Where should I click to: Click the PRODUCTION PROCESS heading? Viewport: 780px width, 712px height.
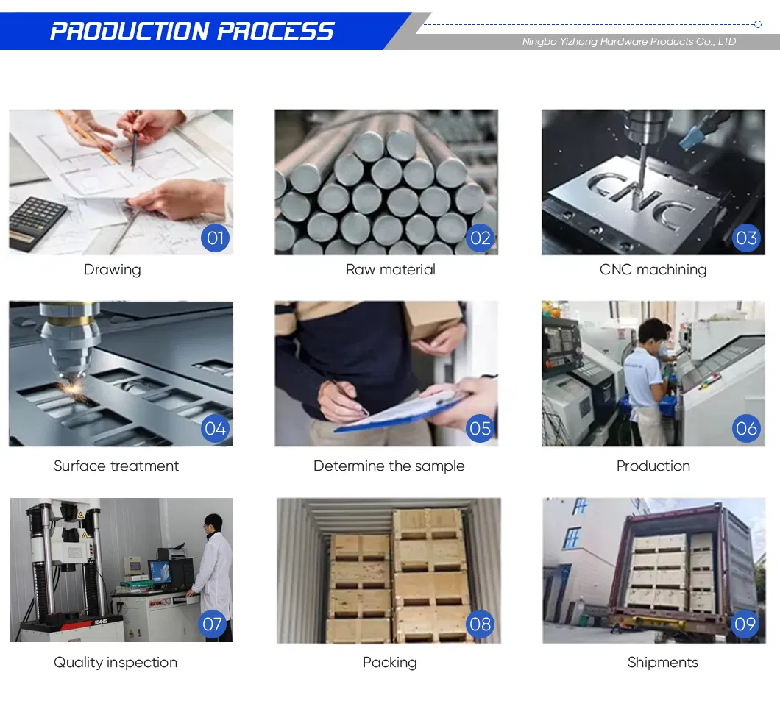(x=192, y=31)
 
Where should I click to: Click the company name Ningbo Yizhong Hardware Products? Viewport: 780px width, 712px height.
(x=628, y=42)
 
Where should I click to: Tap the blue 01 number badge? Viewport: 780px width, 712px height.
(x=215, y=238)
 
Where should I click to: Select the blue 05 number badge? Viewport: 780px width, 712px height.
(x=480, y=429)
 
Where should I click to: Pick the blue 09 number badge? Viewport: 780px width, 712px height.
(x=745, y=624)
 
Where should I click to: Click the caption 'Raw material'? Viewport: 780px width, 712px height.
(x=390, y=270)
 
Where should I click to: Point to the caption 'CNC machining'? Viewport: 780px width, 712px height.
(x=653, y=270)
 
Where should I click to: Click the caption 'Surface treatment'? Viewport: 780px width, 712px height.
(x=116, y=466)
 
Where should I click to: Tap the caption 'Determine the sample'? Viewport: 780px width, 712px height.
(x=389, y=466)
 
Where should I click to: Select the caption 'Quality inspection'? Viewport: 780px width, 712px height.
(x=116, y=663)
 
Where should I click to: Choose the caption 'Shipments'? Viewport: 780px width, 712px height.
(x=662, y=663)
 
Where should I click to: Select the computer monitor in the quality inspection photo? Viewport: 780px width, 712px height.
(x=160, y=571)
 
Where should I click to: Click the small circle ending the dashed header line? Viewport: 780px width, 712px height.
(x=758, y=24)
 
